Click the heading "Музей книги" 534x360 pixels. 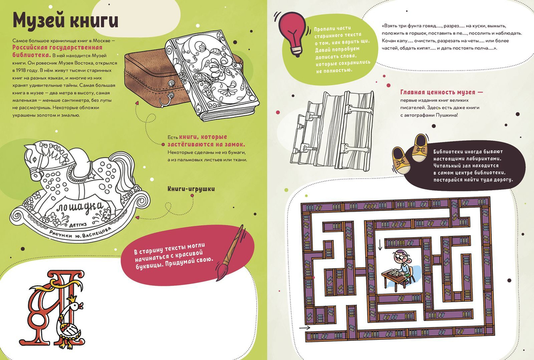pyautogui.click(x=65, y=22)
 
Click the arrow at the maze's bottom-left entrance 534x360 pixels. pyautogui.click(x=305, y=327)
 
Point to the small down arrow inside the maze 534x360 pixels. pyautogui.click(x=380, y=245)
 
